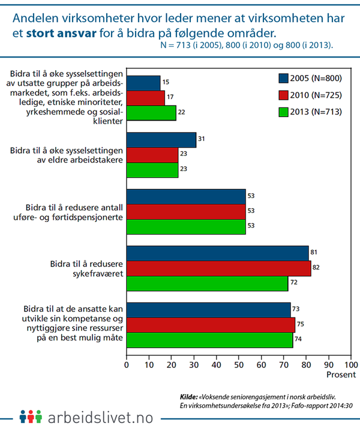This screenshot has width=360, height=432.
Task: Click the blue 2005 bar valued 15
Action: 143,82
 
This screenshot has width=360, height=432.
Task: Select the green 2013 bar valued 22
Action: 151,112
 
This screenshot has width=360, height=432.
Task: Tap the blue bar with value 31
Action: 161,140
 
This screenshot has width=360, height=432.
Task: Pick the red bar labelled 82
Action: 218,268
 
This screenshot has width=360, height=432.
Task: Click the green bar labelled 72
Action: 207,283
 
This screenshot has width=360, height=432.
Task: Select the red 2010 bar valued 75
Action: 211,325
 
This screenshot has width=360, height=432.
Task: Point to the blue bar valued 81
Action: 217,253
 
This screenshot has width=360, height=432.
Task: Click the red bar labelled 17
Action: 146,97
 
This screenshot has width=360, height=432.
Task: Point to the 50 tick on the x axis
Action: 239,364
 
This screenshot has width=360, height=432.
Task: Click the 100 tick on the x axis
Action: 351,364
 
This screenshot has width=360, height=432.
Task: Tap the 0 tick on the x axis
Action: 127,364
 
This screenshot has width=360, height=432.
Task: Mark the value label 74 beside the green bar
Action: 299,340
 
